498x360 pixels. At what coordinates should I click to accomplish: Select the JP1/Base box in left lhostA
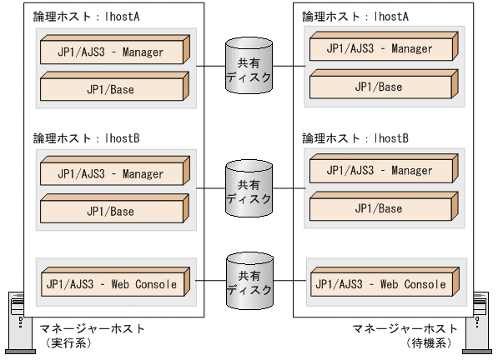click(110, 85)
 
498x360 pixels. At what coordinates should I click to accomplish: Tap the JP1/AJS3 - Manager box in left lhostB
click(110, 173)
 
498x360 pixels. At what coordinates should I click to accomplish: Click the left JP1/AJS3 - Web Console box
click(110, 284)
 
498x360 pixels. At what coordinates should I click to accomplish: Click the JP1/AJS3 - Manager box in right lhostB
click(380, 170)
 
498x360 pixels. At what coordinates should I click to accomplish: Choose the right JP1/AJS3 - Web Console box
click(380, 283)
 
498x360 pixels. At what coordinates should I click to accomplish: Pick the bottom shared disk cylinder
click(249, 282)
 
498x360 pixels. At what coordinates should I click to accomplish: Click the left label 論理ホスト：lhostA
click(75, 17)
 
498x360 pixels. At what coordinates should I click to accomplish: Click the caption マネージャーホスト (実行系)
click(92, 334)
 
